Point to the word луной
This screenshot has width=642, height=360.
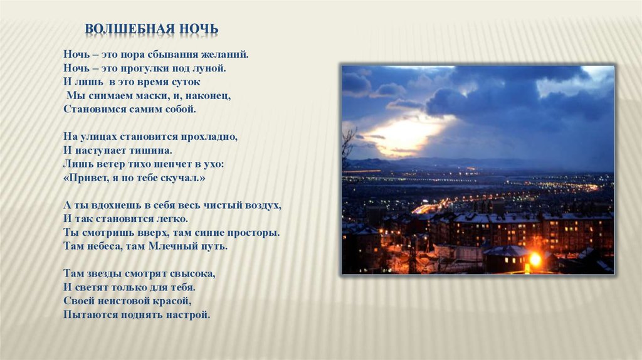point(212,68)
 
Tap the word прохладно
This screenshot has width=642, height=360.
point(210,136)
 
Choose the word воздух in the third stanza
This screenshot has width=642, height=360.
point(262,205)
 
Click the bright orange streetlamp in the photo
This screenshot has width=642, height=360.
point(535,259)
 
